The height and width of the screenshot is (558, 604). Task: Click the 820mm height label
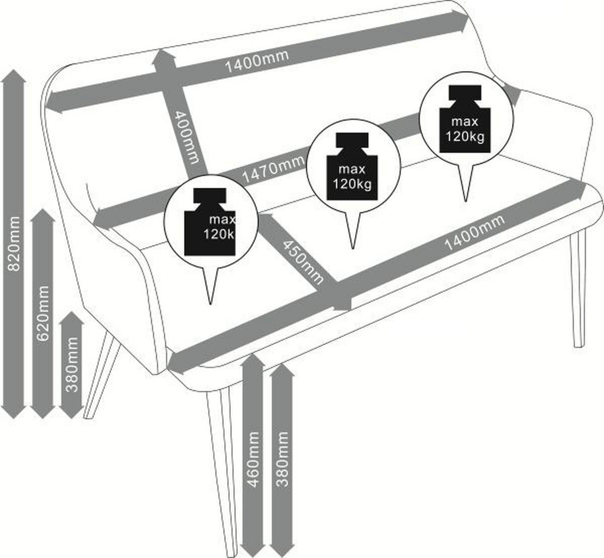pyautogui.click(x=14, y=244)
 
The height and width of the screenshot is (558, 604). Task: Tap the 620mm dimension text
pyautogui.click(x=42, y=314)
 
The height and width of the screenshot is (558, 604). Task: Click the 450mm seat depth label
pyautogui.click(x=303, y=262)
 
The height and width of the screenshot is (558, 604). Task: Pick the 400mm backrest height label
pyautogui.click(x=187, y=137)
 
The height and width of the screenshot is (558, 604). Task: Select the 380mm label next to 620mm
pyautogui.click(x=72, y=364)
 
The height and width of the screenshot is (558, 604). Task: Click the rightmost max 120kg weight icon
pyautogui.click(x=465, y=119)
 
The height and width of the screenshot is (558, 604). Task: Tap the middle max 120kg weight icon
pyautogui.click(x=352, y=166)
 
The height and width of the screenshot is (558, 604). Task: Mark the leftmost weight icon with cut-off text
pyautogui.click(x=210, y=222)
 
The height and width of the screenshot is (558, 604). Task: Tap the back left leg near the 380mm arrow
pyautogui.click(x=102, y=376)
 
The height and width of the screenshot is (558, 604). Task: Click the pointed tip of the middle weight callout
pyautogui.click(x=353, y=248)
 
